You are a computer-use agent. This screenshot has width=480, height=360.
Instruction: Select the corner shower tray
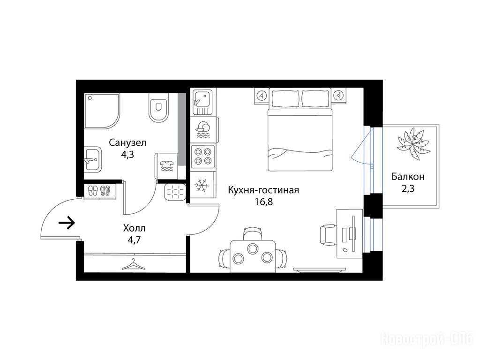tap(102, 111)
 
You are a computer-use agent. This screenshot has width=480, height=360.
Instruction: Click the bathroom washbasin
tap(93, 158)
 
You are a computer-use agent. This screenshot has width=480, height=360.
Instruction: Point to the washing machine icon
tap(167, 166)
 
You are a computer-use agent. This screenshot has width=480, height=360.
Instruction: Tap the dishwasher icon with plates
tap(202, 130)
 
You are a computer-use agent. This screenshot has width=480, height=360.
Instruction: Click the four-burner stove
tap(202, 156)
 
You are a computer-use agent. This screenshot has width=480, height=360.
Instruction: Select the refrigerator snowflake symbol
tap(202, 186)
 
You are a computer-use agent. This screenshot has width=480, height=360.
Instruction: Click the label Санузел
tap(127, 142)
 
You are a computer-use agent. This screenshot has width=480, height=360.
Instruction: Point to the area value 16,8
tap(263, 202)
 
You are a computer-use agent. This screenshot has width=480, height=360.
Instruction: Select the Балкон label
tap(408, 177)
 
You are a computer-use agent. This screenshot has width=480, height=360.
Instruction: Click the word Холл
tap(134, 228)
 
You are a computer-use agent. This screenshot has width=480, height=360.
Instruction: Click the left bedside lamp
tap(262, 95)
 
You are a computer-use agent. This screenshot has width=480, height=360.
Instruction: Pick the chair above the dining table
tap(253, 233)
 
